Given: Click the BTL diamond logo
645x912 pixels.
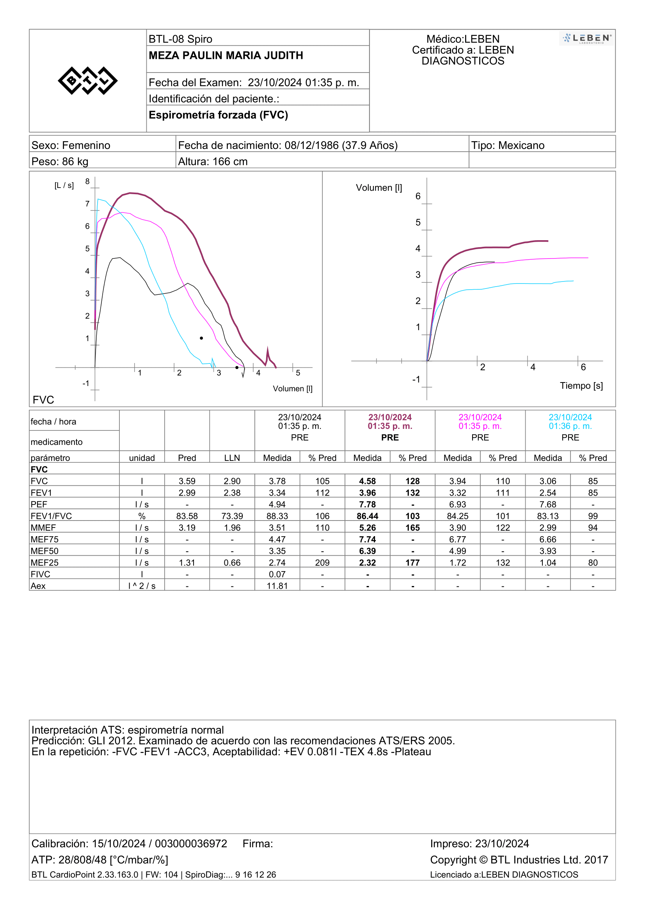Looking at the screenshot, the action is [x=87, y=81].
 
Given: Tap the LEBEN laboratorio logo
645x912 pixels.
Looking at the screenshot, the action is [x=586, y=39].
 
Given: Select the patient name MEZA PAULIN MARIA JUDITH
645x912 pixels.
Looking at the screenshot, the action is [x=226, y=56].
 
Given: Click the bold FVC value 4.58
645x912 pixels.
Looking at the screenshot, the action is [x=367, y=481].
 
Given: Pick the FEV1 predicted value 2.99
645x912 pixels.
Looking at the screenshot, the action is [x=187, y=492].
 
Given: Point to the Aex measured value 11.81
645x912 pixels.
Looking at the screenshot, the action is [x=277, y=586].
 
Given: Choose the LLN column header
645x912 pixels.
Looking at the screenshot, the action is [x=232, y=458].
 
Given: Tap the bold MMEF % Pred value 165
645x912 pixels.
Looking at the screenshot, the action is [x=412, y=528].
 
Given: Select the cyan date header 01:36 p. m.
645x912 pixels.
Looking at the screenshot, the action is [x=570, y=426].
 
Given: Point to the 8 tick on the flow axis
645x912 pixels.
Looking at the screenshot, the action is [x=87, y=182].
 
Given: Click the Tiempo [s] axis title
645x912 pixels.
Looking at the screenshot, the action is [x=581, y=386].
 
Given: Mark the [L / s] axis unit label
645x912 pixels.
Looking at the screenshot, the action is [x=64, y=186].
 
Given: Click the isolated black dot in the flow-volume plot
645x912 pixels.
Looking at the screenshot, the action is [x=201, y=338].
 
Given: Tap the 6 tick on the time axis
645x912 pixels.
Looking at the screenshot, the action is [x=583, y=367].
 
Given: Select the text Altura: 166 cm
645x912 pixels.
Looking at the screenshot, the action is [x=213, y=162].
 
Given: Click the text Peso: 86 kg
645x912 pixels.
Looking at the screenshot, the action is [x=60, y=162].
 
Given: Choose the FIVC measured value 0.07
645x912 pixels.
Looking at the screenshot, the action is [x=277, y=574].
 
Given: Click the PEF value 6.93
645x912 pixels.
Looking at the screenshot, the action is [x=457, y=505].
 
